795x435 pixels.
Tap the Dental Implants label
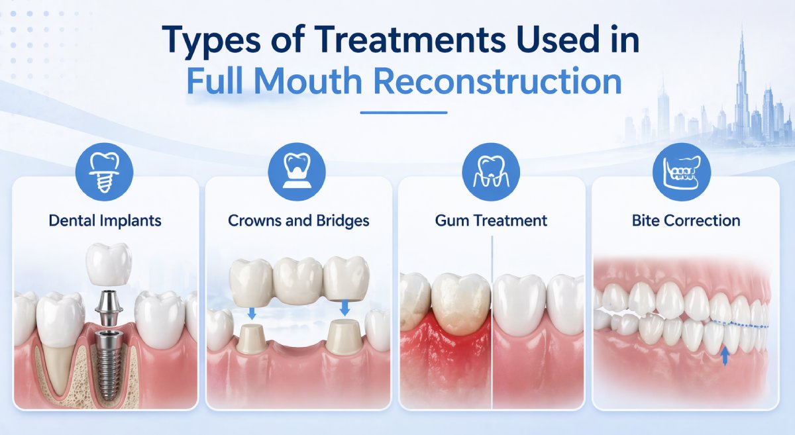point(104,220)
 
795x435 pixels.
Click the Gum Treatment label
point(491,220)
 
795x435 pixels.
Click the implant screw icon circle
point(105,173)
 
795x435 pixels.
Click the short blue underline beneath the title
point(403,112)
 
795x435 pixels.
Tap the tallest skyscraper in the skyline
point(742,86)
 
